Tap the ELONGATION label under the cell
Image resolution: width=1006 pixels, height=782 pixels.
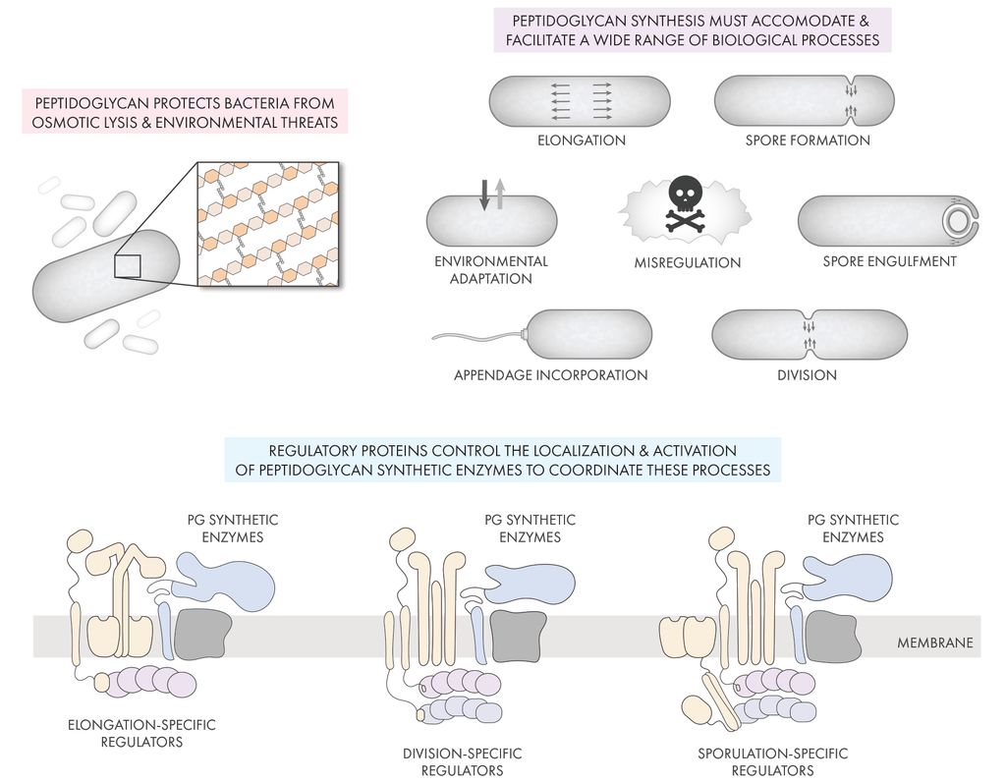pos(581,140)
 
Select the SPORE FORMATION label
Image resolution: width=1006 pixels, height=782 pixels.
pos(808,140)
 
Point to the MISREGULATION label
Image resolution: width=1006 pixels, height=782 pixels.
pos(688,262)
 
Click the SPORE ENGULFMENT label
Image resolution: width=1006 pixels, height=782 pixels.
pos(889,261)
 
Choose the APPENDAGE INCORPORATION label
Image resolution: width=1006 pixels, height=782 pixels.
pos(550,374)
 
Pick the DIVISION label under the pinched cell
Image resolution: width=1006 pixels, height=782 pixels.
pos(807,374)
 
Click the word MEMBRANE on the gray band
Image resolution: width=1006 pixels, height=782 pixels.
pos(934,643)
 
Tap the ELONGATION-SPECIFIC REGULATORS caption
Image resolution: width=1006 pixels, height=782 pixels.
pos(141,733)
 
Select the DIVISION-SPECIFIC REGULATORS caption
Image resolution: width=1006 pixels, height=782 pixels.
pos(463,761)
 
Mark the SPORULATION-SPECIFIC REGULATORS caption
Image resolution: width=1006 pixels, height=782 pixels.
pos(773,761)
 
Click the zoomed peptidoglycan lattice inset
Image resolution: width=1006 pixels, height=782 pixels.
pos(268,225)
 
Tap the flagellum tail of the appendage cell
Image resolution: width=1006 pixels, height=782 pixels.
pos(476,339)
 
